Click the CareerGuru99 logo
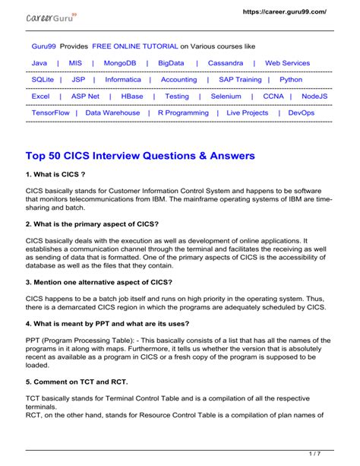[52, 17]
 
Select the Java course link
[39, 63]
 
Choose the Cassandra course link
[226, 63]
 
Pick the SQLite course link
[43, 79]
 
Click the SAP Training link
[240, 79]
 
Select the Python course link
[291, 79]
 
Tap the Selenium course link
[226, 97]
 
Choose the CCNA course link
[273, 97]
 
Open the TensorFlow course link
[50, 113]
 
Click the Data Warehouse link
[112, 113]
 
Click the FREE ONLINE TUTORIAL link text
[134, 46]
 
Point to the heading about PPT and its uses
[111, 322]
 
